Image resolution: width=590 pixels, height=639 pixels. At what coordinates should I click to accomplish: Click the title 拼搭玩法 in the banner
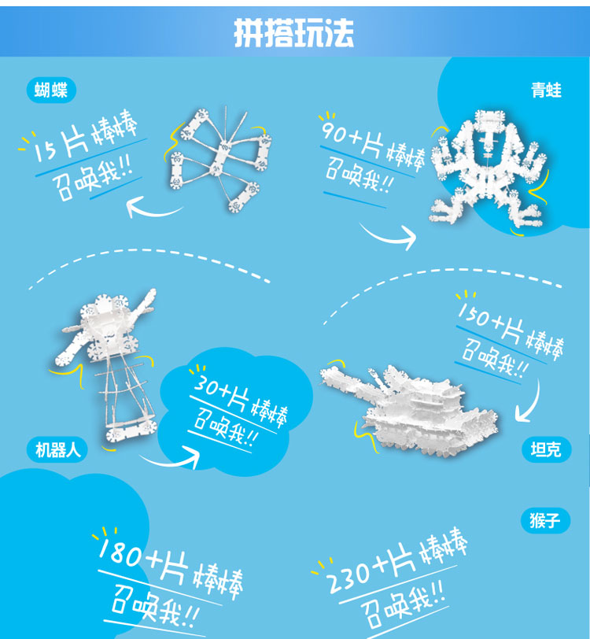[293, 33]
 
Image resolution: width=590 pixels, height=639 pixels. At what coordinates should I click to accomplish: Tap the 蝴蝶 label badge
[51, 90]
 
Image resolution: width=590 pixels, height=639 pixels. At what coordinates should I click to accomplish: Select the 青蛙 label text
[546, 90]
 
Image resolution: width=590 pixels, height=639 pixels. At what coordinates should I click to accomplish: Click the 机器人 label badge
[57, 450]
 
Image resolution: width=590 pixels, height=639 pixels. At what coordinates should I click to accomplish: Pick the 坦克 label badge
[546, 449]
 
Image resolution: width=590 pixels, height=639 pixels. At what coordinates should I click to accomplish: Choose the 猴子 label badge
[545, 520]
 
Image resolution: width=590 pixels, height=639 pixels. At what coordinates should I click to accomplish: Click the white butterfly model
[220, 159]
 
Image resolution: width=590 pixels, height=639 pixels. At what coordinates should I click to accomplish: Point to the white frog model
[489, 167]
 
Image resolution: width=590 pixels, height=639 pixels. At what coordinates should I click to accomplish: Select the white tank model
[410, 409]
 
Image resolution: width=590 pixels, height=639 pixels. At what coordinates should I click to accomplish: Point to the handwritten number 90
[334, 131]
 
